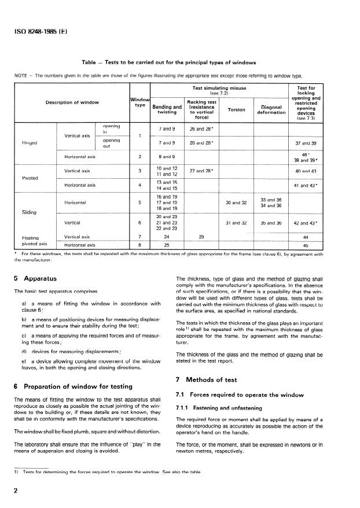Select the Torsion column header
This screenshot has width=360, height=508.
(237, 109)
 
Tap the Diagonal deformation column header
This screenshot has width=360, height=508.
(271, 109)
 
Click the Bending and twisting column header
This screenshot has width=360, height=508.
(167, 109)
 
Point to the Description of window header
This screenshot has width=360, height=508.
(72, 103)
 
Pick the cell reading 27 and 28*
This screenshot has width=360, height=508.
(201, 171)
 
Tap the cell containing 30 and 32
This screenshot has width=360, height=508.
(236, 203)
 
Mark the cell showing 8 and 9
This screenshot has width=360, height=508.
(167, 156)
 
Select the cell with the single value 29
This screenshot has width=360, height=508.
(201, 237)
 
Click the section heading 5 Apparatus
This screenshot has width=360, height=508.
(36, 278)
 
